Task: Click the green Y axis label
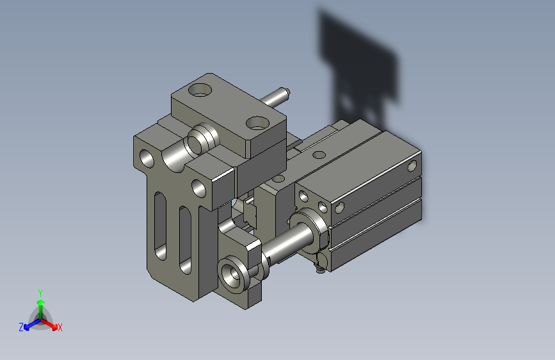pyautogui.click(x=40, y=293)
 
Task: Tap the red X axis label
pyautogui.click(x=60, y=327)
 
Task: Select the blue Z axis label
pyautogui.click(x=21, y=327)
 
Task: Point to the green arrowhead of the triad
pyautogui.click(x=41, y=302)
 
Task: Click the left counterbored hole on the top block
pyautogui.click(x=200, y=90)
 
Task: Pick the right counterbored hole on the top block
pyautogui.click(x=258, y=123)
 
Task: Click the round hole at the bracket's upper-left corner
pyautogui.click(x=147, y=158)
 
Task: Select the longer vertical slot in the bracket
pyautogui.click(x=160, y=226)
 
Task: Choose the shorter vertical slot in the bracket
pyautogui.click(x=185, y=240)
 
